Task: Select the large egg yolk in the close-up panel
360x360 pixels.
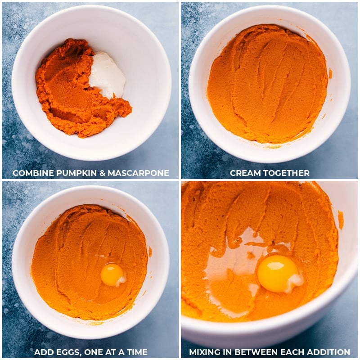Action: [276, 273]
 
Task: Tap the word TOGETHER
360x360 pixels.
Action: [288, 173]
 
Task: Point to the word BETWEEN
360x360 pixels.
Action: [257, 352]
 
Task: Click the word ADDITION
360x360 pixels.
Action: [329, 352]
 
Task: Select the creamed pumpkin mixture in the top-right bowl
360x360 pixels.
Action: [267, 85]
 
